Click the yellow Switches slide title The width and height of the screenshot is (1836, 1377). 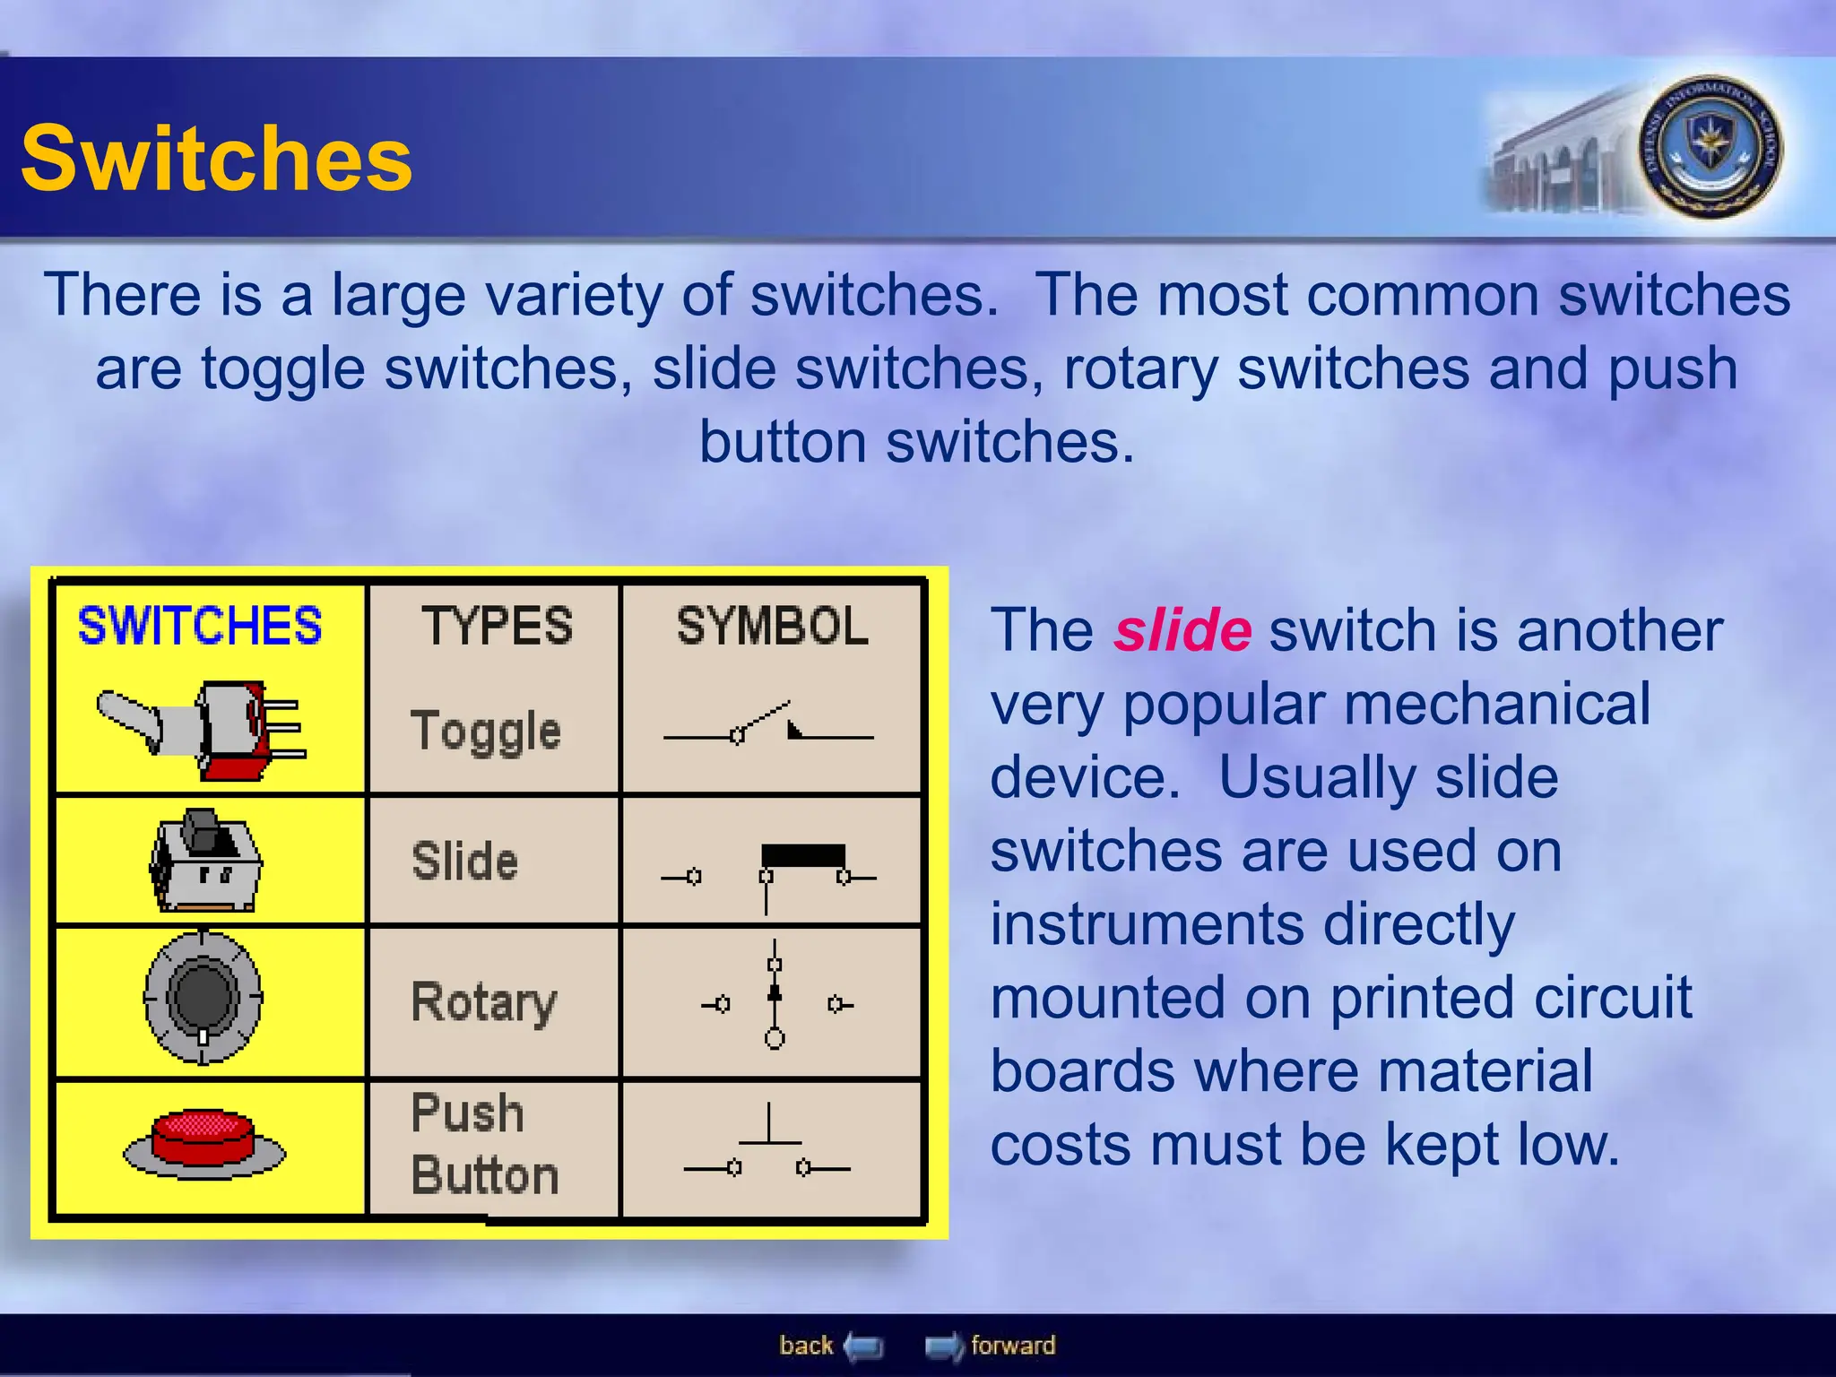216,159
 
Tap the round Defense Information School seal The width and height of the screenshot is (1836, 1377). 1710,147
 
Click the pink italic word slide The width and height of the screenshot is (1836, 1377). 1182,630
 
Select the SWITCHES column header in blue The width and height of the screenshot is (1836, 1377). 199,626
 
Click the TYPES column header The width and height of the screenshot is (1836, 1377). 497,626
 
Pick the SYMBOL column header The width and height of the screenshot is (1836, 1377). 772,626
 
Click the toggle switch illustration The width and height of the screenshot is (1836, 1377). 203,729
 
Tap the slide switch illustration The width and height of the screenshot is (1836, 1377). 205,862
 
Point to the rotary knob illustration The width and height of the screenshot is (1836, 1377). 204,997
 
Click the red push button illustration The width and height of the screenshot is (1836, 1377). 204,1143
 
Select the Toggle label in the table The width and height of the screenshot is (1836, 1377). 485,731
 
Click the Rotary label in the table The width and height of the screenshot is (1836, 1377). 483,1002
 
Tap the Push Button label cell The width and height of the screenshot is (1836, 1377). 484,1145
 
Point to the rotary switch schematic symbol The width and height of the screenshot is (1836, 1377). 775,997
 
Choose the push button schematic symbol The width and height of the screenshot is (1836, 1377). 767,1147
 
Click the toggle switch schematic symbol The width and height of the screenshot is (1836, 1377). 767,727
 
